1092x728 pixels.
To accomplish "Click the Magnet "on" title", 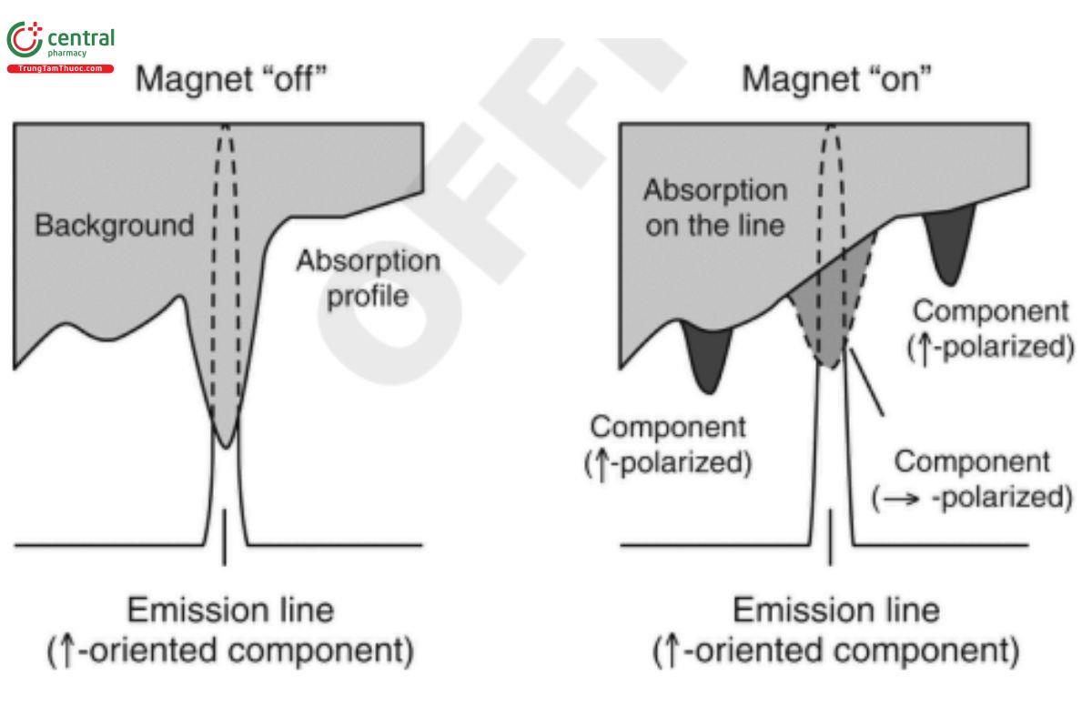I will (835, 79).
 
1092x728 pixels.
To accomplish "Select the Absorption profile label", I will (368, 278).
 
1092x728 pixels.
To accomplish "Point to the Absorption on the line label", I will (715, 207).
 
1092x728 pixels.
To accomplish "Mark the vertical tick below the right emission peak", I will (830, 537).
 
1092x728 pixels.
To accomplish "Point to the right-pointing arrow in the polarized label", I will (900, 499).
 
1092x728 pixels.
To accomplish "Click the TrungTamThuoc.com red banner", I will (60, 68).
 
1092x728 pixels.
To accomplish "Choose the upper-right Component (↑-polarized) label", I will (991, 329).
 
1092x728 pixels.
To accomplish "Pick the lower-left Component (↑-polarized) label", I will (668, 444).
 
